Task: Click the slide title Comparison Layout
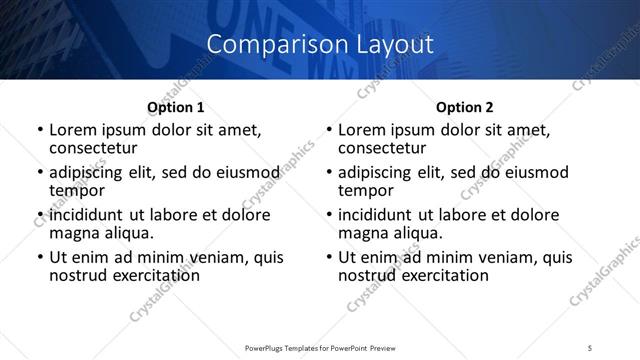click(320, 44)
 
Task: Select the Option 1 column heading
click(176, 107)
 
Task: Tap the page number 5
click(591, 347)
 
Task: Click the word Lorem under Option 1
click(74, 130)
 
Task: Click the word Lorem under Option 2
click(363, 130)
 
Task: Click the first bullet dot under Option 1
click(39, 131)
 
